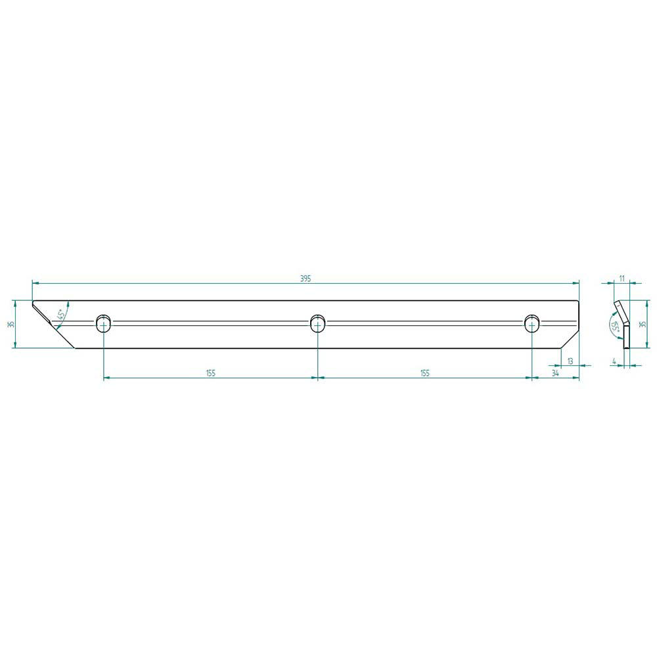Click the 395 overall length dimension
click(306, 279)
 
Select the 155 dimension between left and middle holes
click(211, 373)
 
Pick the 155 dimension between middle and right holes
click(425, 373)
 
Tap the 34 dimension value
click(555, 373)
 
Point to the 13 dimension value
click(570, 361)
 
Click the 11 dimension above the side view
click(622, 278)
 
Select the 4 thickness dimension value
click(614, 360)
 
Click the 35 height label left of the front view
click(11, 324)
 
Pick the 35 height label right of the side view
click(644, 324)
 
